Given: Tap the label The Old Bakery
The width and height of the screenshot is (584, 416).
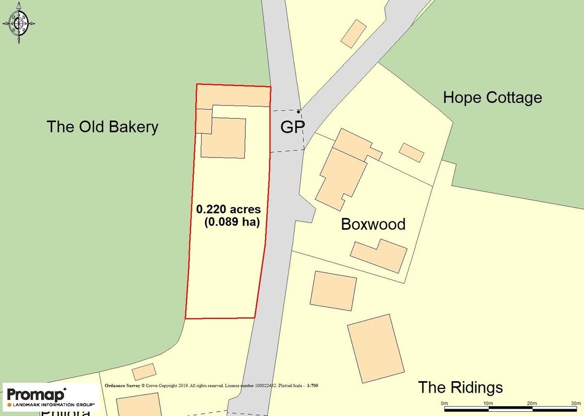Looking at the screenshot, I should tap(102, 127).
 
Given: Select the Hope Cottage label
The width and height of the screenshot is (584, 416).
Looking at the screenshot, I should tap(492, 98).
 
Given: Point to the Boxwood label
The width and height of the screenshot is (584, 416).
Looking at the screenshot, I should tap(373, 225).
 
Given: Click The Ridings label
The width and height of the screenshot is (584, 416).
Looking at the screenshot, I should tap(461, 387).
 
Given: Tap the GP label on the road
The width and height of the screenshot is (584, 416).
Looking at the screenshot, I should tap(292, 127).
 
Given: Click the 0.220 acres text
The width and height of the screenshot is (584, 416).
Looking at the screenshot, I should tap(228, 210).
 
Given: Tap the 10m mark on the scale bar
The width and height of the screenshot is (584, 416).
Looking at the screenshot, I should tap(488, 404).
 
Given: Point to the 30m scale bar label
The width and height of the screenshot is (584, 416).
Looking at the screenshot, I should tap(575, 404).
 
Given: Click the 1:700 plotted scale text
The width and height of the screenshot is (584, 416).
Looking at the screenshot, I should tap(313, 386).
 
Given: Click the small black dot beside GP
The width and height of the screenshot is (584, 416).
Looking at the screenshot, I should tap(299, 111).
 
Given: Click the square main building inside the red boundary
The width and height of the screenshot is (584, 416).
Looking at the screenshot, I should tap(223, 138).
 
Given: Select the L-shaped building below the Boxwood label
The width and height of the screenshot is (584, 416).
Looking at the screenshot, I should tap(379, 255).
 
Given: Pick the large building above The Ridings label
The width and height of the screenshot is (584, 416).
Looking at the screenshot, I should tap(376, 345).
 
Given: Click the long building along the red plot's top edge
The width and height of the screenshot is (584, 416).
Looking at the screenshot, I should tap(233, 96).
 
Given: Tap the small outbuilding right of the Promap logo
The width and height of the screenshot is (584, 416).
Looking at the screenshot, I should tap(144, 371).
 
